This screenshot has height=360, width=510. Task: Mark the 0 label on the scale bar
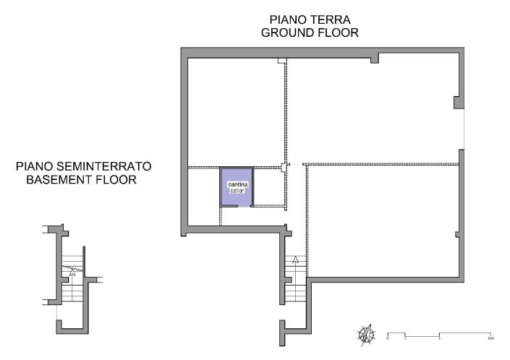click(x=388, y=338)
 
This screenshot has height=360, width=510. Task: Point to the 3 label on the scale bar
click(x=440, y=338)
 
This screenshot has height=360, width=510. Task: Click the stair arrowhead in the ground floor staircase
click(x=296, y=260)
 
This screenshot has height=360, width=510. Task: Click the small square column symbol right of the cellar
click(x=285, y=166)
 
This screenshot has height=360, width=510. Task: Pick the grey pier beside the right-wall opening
click(x=458, y=102)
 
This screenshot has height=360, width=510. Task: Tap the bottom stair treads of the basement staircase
click(x=73, y=296)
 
